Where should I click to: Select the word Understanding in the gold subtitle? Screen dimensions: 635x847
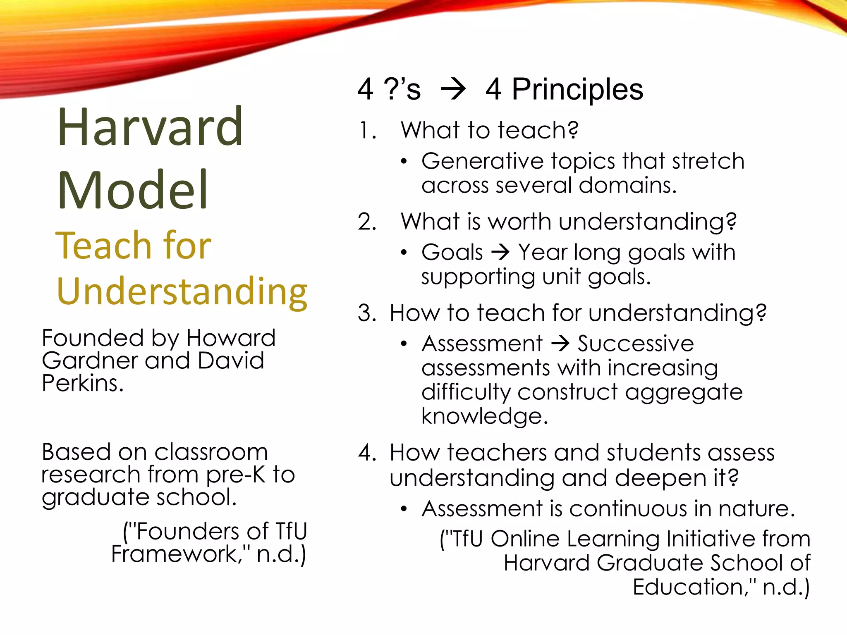coord(182,291)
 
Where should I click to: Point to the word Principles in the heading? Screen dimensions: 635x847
coord(577,90)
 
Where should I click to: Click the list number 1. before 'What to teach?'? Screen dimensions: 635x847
coord(367,131)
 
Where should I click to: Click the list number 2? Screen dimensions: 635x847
coord(367,222)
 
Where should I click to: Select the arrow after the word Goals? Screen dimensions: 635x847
coord(500,252)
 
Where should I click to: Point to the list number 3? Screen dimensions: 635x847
coord(367,313)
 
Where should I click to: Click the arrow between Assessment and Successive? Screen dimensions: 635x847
coord(560,344)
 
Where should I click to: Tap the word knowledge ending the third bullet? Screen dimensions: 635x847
coord(484,416)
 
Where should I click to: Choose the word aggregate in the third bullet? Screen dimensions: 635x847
coord(683,392)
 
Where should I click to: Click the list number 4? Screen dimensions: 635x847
coord(367,453)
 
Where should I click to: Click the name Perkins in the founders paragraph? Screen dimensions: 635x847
coord(82,384)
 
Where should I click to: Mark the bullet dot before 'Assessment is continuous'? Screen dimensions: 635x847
coord(404,509)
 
